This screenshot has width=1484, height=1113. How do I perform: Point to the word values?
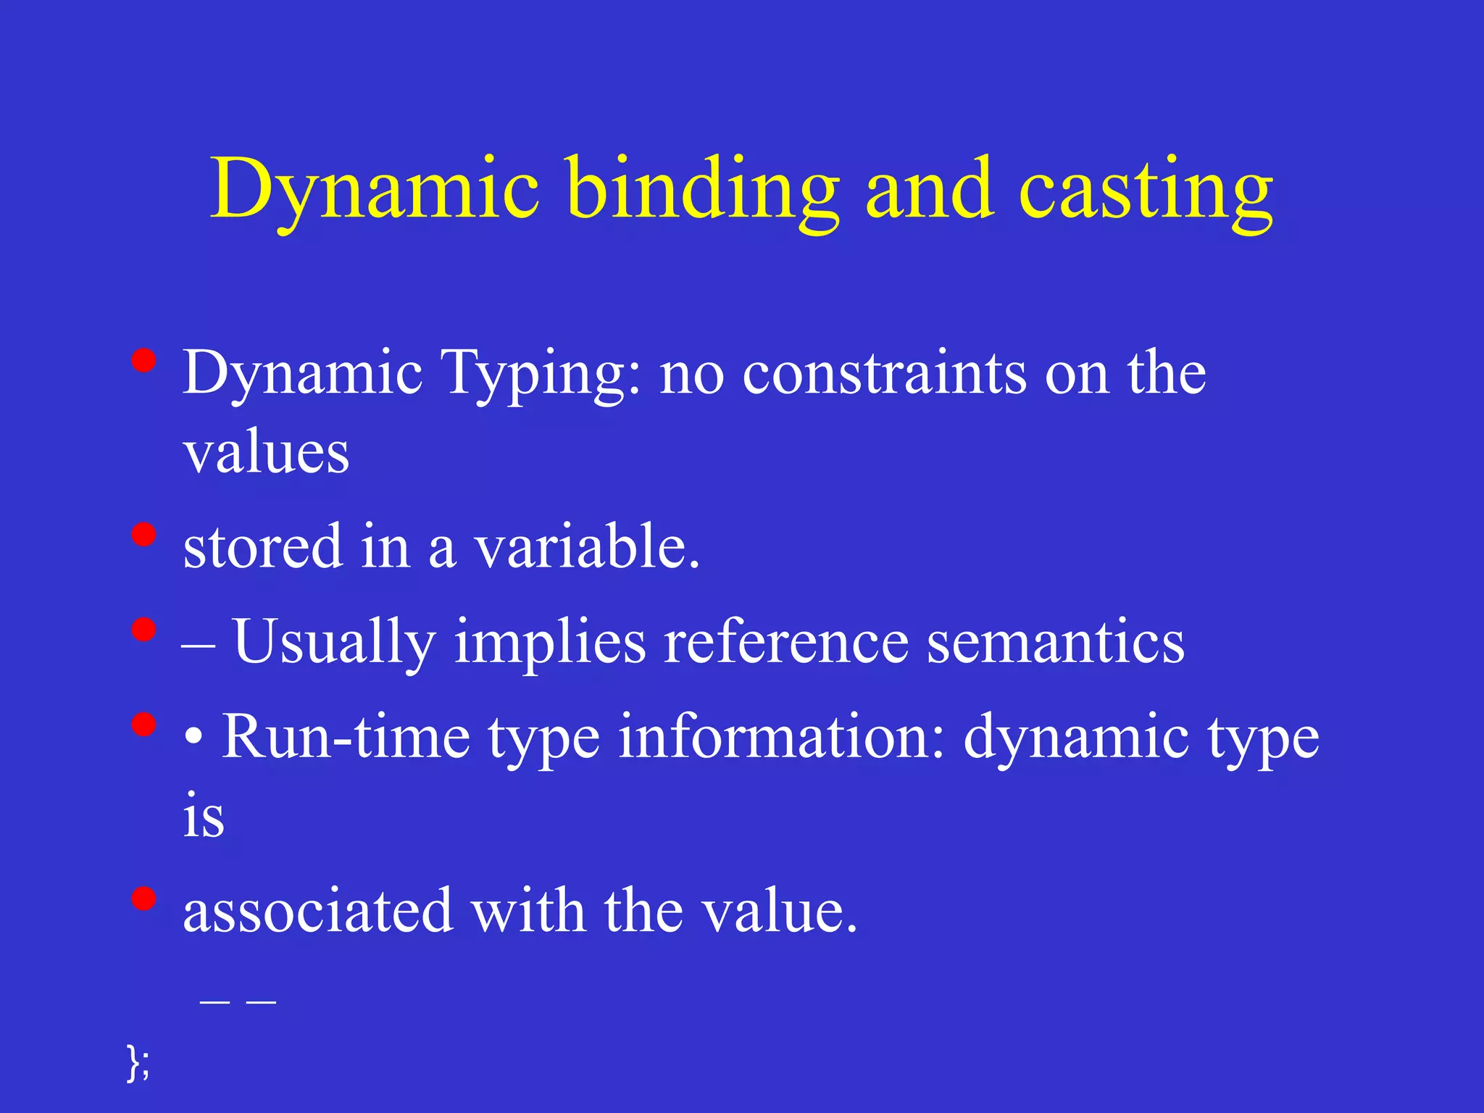coord(266,454)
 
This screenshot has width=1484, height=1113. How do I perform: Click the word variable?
coord(587,546)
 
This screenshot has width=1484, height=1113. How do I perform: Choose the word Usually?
coord(335,642)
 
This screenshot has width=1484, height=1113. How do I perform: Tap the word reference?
coord(785,642)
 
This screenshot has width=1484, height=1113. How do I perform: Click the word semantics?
coord(1056,642)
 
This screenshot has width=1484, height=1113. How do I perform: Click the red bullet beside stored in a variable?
coord(144,535)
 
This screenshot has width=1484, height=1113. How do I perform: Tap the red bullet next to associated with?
coord(144,899)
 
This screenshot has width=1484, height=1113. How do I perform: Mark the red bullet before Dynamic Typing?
coord(144,360)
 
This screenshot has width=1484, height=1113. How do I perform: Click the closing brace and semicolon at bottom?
coord(138,1062)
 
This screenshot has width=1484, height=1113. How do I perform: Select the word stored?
coord(262,546)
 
